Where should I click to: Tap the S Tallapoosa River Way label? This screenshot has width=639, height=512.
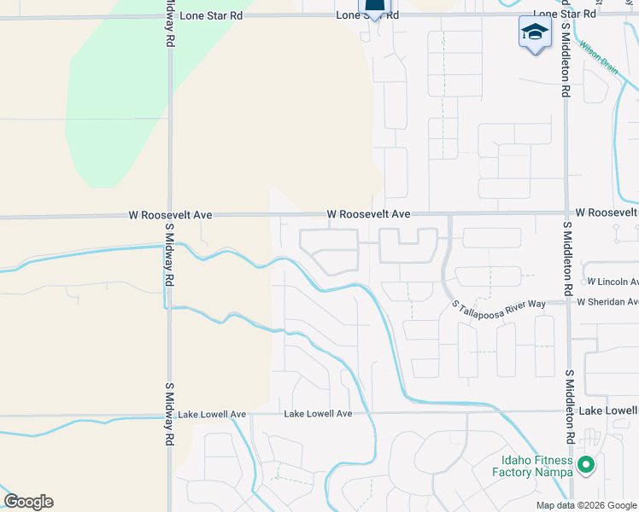pyautogui.click(x=499, y=305)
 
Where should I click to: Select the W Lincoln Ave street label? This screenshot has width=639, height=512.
pyautogui.click(x=613, y=282)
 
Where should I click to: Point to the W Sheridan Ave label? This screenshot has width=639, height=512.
pyautogui.click(x=607, y=301)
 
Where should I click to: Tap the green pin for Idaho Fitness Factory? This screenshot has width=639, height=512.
pyautogui.click(x=585, y=465)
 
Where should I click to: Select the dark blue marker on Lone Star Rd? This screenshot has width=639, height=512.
pyautogui.click(x=374, y=9)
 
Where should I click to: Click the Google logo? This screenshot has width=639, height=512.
pyautogui.click(x=28, y=502)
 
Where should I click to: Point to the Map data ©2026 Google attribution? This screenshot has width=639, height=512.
pyautogui.click(x=587, y=505)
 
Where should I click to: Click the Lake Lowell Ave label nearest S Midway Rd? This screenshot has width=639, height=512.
pyautogui.click(x=212, y=414)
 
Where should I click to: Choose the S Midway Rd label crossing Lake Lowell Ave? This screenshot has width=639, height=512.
pyautogui.click(x=170, y=412)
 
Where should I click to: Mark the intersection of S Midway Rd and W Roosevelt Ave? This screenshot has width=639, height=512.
pyautogui.click(x=170, y=216)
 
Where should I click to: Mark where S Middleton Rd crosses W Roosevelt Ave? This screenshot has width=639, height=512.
pyautogui.click(x=566, y=213)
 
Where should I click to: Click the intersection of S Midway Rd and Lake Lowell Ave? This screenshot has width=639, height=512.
pyautogui.click(x=170, y=415)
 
